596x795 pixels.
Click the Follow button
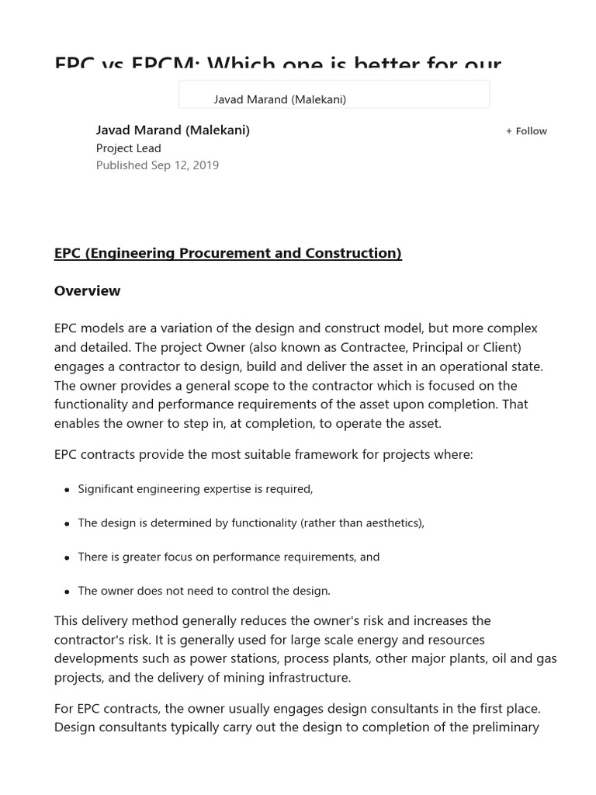(527, 131)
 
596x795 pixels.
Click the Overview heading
(87, 291)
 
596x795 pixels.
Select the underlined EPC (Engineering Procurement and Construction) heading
(227, 253)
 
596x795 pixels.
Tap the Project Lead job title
(128, 148)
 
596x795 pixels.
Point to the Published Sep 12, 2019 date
(157, 165)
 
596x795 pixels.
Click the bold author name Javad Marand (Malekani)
(172, 130)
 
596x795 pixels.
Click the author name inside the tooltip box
(279, 99)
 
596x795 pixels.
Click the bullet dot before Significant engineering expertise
(68, 490)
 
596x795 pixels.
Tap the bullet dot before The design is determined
(68, 524)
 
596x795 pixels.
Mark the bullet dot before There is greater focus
(68, 558)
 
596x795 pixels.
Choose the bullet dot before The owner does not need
(68, 592)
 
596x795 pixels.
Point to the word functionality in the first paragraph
(90, 404)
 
